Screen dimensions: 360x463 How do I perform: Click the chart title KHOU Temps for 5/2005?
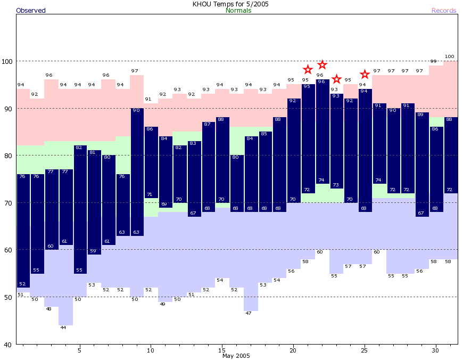(230, 4)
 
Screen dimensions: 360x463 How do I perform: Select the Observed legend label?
(31, 11)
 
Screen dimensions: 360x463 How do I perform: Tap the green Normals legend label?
(238, 11)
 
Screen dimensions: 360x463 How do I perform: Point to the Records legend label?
(444, 11)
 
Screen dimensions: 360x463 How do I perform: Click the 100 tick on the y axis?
(7, 61)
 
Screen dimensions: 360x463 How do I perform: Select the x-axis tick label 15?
(221, 350)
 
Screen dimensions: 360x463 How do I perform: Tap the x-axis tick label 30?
(435, 350)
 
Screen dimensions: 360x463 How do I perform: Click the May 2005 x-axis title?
(236, 356)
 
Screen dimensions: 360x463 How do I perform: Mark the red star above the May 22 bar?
(322, 65)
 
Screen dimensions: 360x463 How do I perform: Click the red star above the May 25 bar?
(365, 74)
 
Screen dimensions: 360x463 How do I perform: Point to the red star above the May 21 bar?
(308, 70)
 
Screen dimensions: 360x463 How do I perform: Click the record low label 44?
(63, 328)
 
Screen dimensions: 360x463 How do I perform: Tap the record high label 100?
(450, 56)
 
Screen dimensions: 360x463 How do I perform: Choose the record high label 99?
(433, 61)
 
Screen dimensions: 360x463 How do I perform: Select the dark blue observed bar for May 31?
(450, 155)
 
